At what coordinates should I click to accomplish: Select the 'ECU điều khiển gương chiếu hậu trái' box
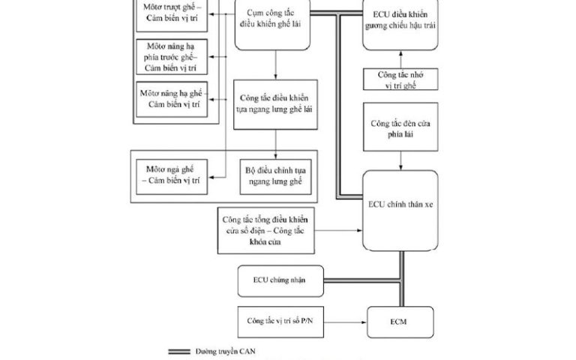tap(400, 25)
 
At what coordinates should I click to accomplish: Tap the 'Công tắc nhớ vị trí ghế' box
tap(400, 79)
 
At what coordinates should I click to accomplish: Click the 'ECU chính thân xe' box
tap(400, 211)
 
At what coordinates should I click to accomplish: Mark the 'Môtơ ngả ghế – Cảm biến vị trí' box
tap(172, 176)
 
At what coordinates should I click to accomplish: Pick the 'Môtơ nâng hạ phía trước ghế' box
tap(172, 57)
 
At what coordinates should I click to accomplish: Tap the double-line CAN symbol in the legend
tap(187, 350)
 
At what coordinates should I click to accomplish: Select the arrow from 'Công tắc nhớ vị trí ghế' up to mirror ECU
tap(400, 58)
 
